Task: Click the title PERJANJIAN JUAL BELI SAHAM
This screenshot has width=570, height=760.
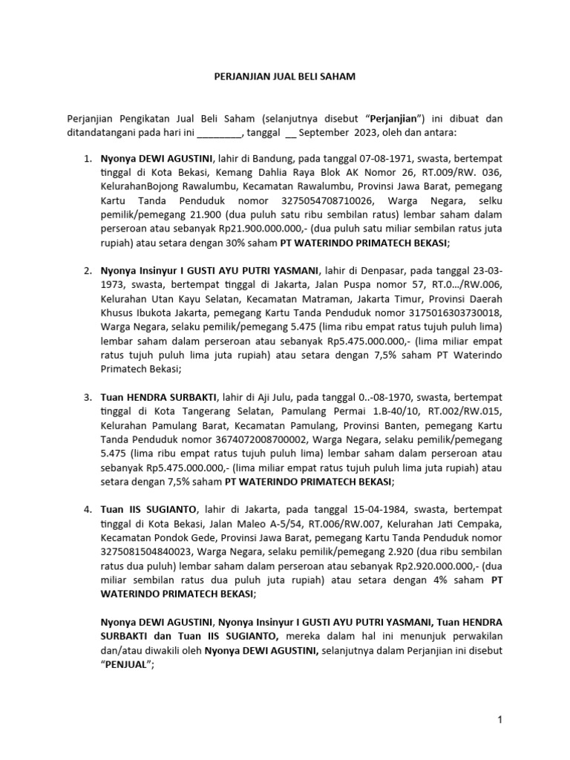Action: click(284, 76)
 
